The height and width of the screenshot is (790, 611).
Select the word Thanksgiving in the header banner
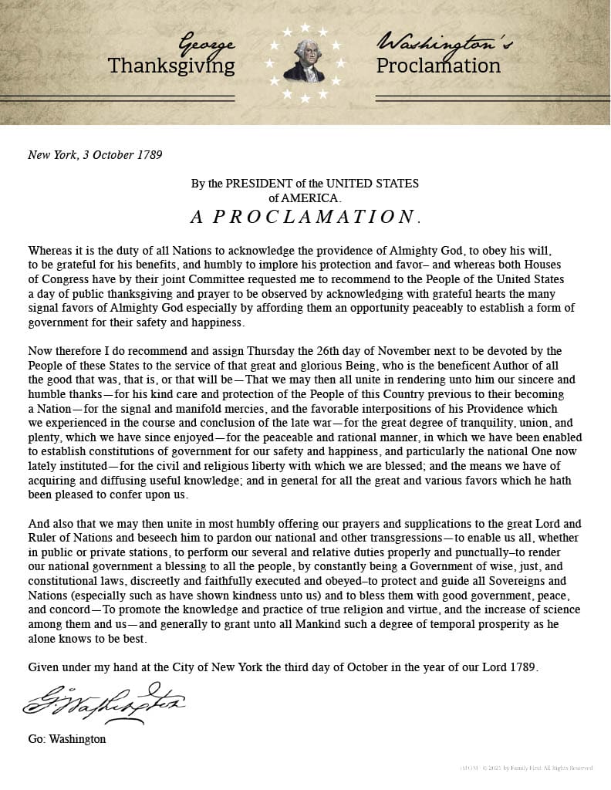pyautogui.click(x=171, y=66)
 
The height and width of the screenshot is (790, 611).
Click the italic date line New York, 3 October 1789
pyautogui.click(x=95, y=154)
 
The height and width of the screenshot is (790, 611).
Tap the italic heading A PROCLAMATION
pyautogui.click(x=305, y=216)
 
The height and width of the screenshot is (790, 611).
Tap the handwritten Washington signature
pyautogui.click(x=104, y=701)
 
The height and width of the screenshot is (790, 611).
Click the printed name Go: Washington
pyautogui.click(x=67, y=739)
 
